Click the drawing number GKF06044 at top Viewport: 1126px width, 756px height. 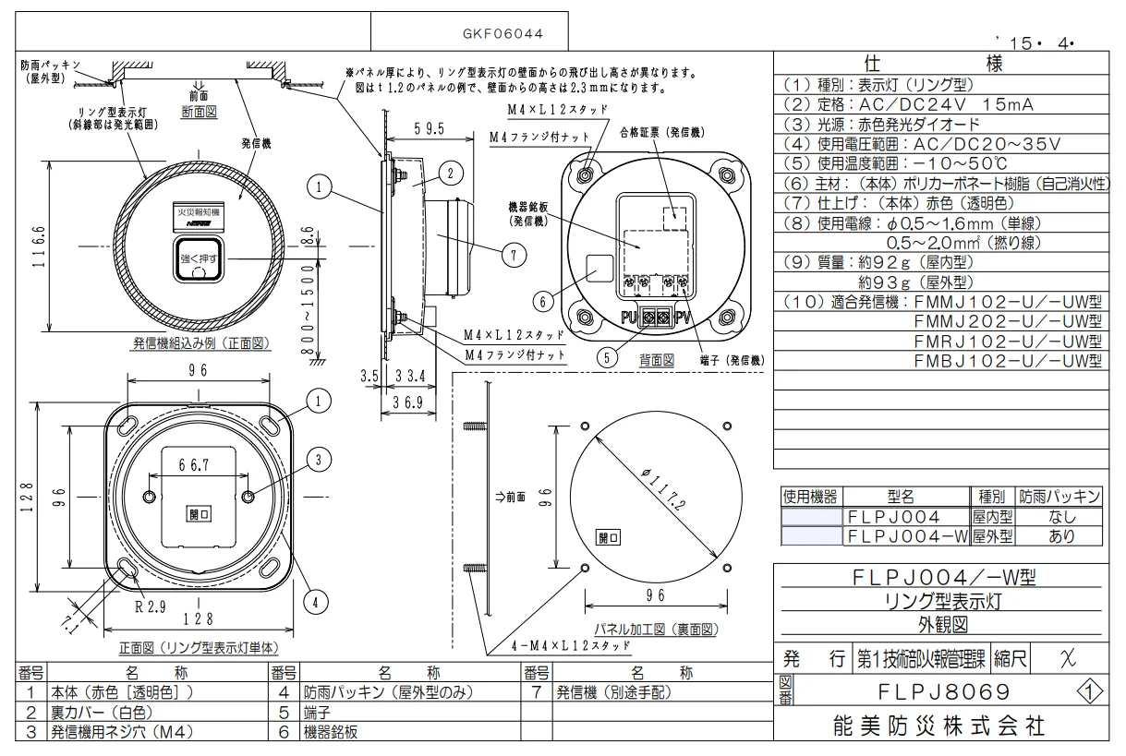point(502,33)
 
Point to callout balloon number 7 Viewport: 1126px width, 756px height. point(514,254)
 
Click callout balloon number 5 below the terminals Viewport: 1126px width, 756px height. point(606,358)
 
